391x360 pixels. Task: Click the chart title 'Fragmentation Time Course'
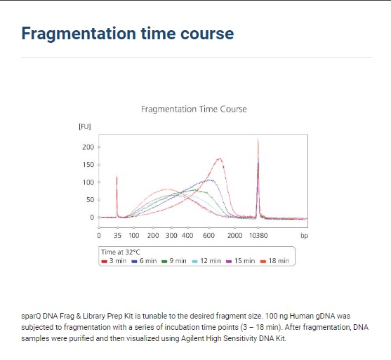point(194,109)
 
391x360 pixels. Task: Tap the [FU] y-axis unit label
point(85,126)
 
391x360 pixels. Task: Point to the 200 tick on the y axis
point(88,147)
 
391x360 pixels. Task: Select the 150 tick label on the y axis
point(88,165)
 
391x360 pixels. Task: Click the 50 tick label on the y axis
point(90,200)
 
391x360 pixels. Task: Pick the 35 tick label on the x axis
point(117,236)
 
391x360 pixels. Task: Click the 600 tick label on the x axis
point(208,236)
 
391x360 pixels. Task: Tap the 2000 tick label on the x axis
point(234,236)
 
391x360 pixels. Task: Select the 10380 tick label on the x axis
point(258,236)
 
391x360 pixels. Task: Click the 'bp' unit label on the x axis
point(304,236)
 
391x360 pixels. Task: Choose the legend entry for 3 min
point(114,261)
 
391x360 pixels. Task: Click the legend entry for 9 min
point(174,261)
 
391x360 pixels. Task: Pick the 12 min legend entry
point(206,261)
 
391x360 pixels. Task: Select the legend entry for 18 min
point(274,261)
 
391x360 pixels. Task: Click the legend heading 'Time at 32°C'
point(121,252)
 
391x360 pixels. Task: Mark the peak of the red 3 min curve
point(220,159)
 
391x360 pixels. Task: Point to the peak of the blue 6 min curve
point(210,180)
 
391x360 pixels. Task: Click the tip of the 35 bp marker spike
point(117,176)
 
